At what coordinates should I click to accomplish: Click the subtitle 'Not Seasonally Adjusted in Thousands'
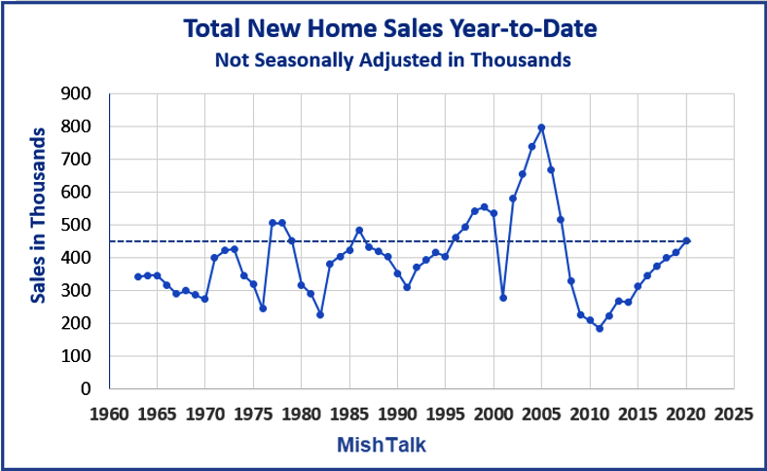391,60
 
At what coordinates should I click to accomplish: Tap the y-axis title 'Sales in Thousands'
38,214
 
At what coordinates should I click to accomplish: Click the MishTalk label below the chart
381,444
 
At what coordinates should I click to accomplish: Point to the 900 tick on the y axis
76,94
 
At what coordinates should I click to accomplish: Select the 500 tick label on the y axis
76,225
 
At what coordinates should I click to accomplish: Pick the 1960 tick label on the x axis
109,413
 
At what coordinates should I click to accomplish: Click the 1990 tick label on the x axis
397,413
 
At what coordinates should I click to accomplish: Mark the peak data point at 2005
541,127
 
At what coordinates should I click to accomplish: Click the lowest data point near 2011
599,328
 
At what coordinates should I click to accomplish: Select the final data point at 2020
685,240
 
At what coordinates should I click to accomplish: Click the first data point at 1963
138,276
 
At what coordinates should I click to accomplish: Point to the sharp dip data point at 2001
502,298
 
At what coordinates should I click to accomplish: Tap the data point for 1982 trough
320,314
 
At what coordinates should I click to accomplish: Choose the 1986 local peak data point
359,231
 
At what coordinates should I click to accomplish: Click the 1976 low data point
263,308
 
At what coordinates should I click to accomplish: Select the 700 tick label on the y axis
76,160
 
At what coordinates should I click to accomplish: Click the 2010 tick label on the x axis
589,413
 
